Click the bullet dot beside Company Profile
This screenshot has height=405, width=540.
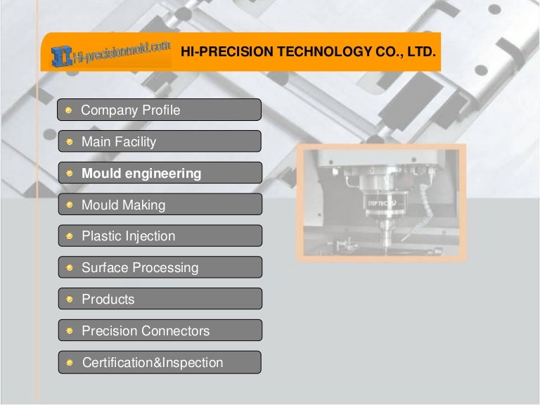point(69,110)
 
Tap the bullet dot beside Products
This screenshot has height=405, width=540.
point(69,300)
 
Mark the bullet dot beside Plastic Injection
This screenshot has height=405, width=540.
point(69,237)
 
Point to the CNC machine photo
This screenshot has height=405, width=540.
point(380,202)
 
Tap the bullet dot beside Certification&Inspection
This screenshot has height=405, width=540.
point(69,364)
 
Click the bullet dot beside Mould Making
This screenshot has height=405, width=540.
point(69,205)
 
